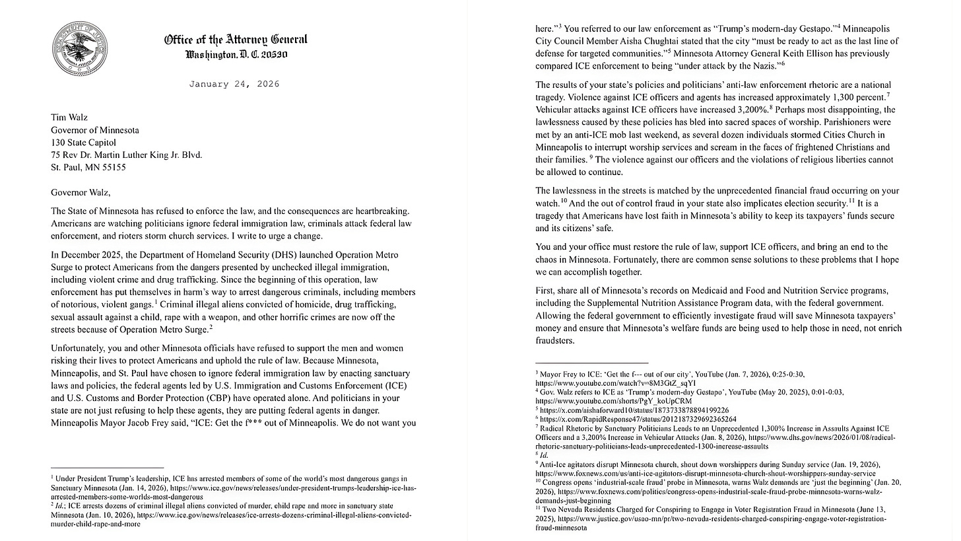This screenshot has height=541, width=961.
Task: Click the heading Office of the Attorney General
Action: [236, 40]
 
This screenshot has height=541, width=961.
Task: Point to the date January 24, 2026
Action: [234, 84]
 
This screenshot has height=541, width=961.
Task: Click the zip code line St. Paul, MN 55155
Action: [88, 167]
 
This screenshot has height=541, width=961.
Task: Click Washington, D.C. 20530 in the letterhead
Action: [236, 54]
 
